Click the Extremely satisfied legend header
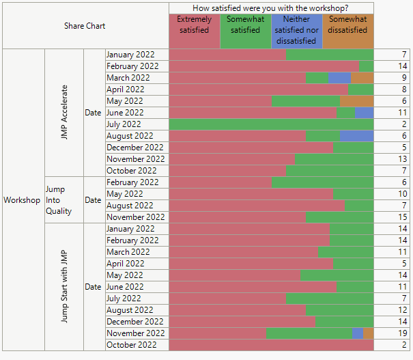(x=195, y=25)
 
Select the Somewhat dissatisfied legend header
(x=347, y=25)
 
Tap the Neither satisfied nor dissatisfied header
(x=296, y=30)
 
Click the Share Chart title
(x=85, y=26)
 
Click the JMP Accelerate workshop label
(x=65, y=113)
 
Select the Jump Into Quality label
(x=59, y=200)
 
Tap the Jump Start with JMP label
(x=65, y=287)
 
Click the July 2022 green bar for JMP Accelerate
(x=271, y=124)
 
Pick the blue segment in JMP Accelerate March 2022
(x=339, y=78)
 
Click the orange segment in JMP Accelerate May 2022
(x=356, y=101)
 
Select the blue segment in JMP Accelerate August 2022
(x=356, y=136)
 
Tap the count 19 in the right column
(x=402, y=333)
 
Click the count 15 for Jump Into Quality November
(x=402, y=217)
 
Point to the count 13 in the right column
(x=402, y=159)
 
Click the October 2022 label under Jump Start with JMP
(x=132, y=345)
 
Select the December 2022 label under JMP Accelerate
(x=135, y=148)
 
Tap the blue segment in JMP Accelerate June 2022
(x=364, y=113)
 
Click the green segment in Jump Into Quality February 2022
(x=322, y=182)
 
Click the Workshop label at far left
(x=22, y=200)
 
